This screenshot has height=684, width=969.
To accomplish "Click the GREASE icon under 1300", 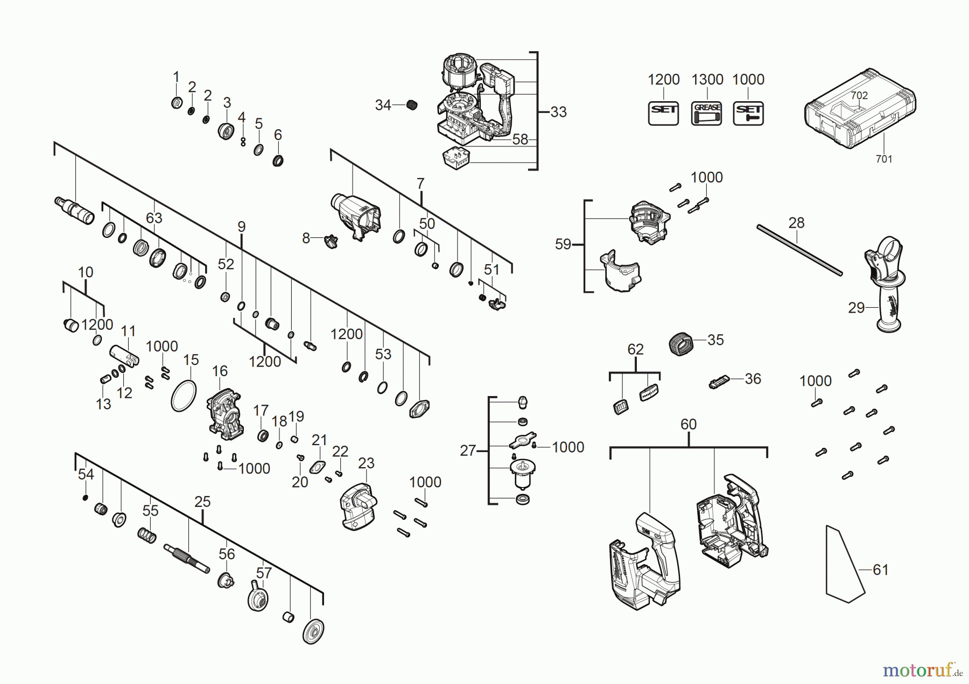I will (x=706, y=114).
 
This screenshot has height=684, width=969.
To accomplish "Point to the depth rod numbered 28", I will (x=799, y=250).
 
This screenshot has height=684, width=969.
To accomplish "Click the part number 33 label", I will (x=558, y=112).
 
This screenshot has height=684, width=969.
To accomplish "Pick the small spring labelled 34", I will (x=411, y=105).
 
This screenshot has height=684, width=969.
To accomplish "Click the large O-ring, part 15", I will (x=184, y=396).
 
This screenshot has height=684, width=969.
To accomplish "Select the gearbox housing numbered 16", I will (x=225, y=414).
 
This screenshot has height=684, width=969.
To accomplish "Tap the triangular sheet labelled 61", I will (x=844, y=565).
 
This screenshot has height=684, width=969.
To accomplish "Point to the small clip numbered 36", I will (x=719, y=382).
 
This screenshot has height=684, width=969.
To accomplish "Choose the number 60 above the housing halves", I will (x=688, y=424).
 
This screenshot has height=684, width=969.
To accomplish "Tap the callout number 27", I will (x=467, y=450).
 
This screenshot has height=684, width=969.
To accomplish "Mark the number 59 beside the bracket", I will (x=563, y=244).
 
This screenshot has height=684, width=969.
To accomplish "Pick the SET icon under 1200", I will (x=663, y=114).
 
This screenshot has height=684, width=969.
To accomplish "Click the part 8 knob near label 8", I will (x=331, y=241).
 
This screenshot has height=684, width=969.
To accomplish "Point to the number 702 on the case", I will (x=859, y=95).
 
